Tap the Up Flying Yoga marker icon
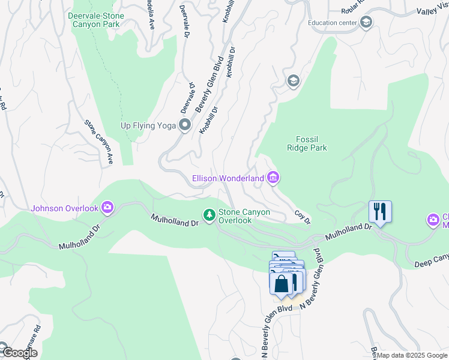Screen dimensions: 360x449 pyautogui.click(x=185, y=125)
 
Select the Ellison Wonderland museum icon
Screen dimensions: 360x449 pyautogui.click(x=273, y=178)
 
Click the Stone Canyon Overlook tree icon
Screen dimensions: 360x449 pyautogui.click(x=209, y=215)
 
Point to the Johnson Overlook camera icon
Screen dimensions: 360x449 pyautogui.click(x=107, y=208)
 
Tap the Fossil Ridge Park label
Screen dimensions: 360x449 pyautogui.click(x=311, y=143)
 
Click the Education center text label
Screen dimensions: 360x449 pyautogui.click(x=333, y=23)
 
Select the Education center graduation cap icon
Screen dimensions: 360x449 pyautogui.click(x=366, y=23)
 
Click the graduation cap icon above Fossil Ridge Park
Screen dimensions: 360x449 pyautogui.click(x=294, y=81)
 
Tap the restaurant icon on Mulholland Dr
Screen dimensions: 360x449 pyautogui.click(x=380, y=211)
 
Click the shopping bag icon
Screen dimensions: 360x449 pyautogui.click(x=281, y=283)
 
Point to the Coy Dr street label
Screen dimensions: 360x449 pyautogui.click(x=303, y=217)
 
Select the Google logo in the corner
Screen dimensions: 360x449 pyautogui.click(x=19, y=353)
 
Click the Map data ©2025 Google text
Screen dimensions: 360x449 pyautogui.click(x=412, y=355)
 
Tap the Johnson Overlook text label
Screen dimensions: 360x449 pyautogui.click(x=64, y=208)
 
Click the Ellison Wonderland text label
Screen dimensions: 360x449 pyautogui.click(x=228, y=178)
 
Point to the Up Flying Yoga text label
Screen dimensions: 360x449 pyautogui.click(x=148, y=125)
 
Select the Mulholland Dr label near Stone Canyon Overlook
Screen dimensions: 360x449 pyautogui.click(x=175, y=220)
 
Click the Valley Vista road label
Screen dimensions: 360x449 pyautogui.click(x=432, y=11)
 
